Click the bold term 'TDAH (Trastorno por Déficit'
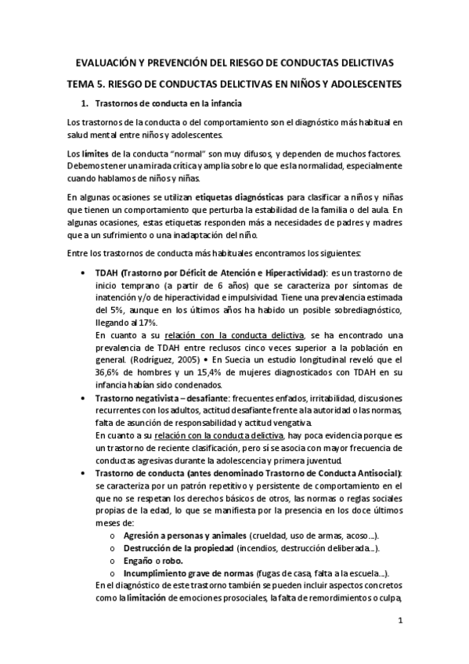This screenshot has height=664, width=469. point(157,272)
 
